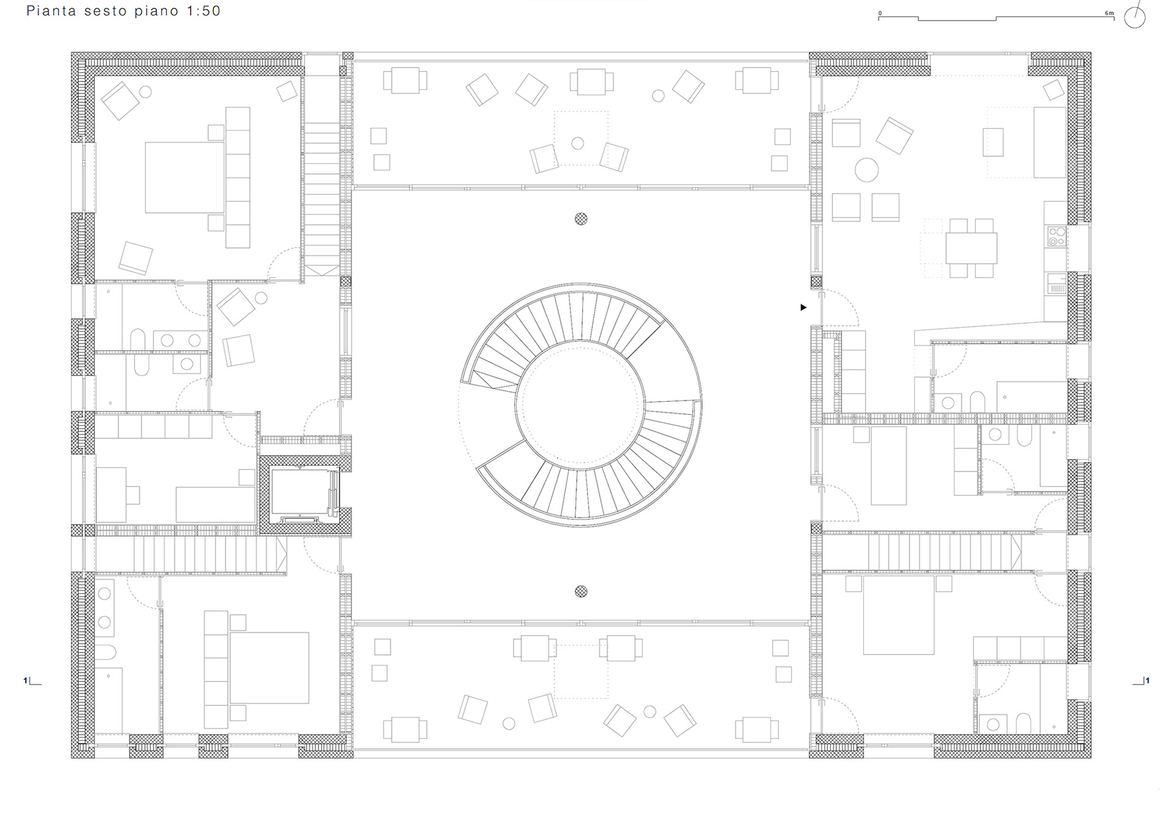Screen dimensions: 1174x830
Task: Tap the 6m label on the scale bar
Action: tap(1110, 13)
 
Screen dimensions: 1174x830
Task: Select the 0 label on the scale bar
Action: tap(880, 13)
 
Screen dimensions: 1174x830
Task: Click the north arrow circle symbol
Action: tap(1135, 18)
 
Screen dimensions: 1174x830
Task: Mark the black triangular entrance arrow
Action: tap(803, 307)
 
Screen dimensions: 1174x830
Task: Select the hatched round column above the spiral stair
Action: tap(581, 219)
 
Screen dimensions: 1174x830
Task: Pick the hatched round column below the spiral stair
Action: tap(581, 591)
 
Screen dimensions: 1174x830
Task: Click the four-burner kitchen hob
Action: tap(1057, 237)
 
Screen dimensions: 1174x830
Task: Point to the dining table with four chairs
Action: tap(971, 248)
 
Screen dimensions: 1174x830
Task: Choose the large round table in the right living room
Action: tap(866, 170)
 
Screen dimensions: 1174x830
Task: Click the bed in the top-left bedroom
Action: tap(185, 177)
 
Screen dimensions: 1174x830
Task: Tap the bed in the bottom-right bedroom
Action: tap(899, 615)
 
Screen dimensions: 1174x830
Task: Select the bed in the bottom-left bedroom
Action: tap(269, 668)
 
